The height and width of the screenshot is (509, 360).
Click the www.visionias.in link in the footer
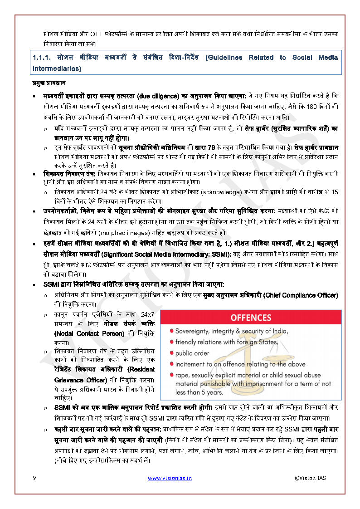(170, 478)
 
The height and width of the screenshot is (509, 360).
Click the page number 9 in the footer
(34, 478)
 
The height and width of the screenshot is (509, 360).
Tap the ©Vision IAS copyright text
(310, 478)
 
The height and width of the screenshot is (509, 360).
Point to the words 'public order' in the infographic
(193, 353)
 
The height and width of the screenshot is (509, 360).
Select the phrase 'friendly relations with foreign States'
(226, 342)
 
